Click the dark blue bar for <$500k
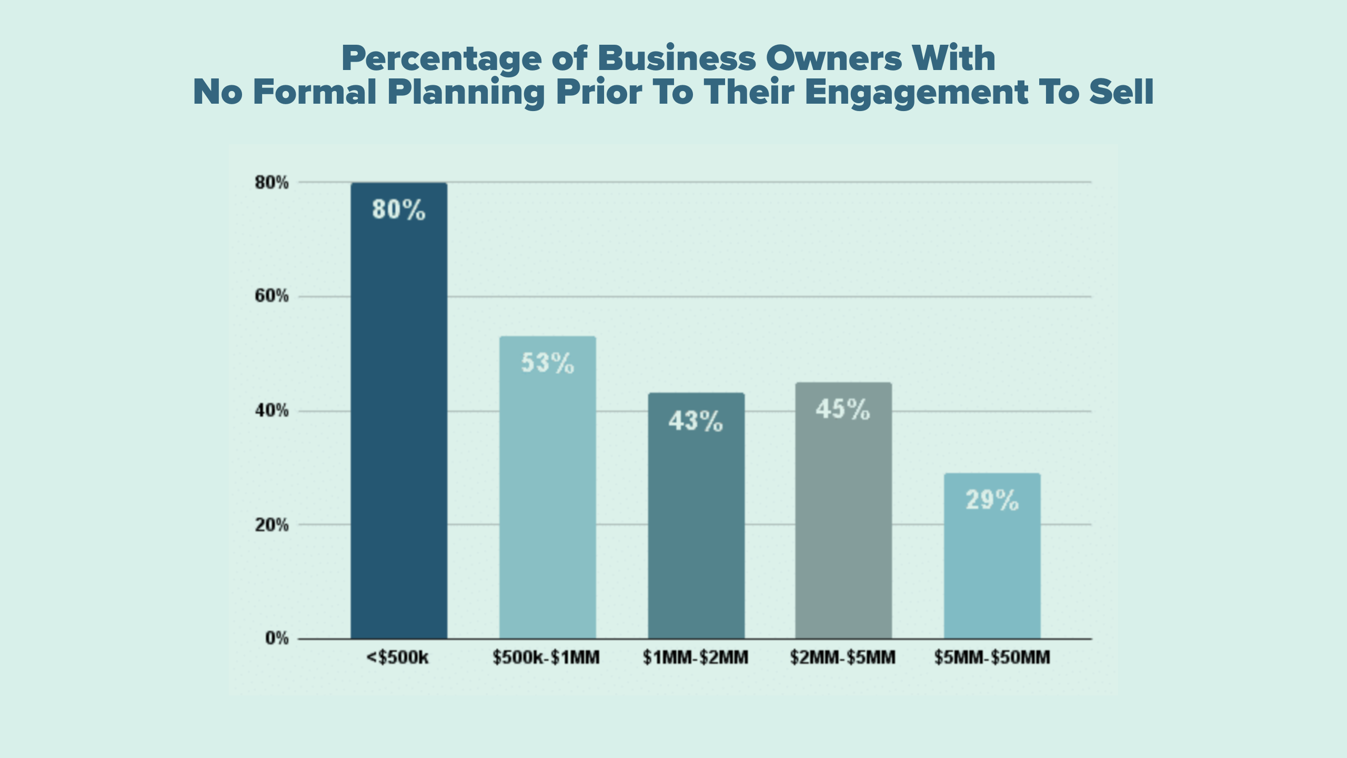click(x=399, y=421)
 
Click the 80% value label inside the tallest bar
click(x=398, y=210)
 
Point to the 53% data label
click(x=547, y=363)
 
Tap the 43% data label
click(x=696, y=421)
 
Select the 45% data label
click(x=843, y=410)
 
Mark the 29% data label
click(x=992, y=500)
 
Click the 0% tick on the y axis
click(x=277, y=639)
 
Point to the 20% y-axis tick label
click(x=272, y=525)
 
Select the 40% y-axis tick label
click(x=272, y=411)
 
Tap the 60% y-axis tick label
click(x=272, y=296)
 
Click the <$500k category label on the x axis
click(x=398, y=657)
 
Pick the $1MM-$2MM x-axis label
click(x=695, y=657)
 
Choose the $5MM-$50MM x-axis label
click(x=992, y=657)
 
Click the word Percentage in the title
click(x=441, y=59)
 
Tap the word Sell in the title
click(x=1121, y=92)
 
